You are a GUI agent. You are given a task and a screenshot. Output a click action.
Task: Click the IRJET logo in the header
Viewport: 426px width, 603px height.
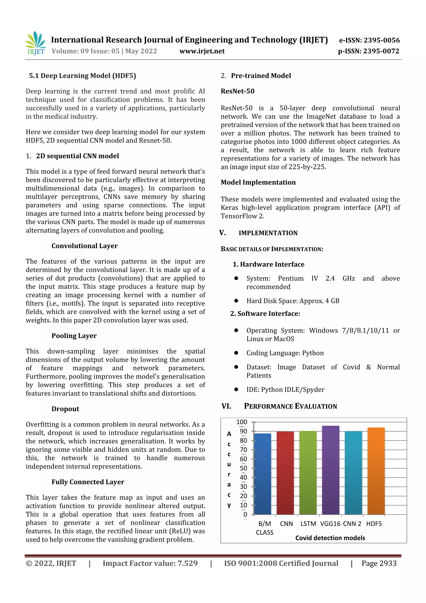coord(35,43)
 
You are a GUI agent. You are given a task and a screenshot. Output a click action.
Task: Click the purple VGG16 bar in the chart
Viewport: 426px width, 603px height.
coord(331,470)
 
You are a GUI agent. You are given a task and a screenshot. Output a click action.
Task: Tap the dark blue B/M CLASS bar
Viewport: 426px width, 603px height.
coord(263,474)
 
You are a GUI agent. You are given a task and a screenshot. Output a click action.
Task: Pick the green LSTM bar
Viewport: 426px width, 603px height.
coord(308,473)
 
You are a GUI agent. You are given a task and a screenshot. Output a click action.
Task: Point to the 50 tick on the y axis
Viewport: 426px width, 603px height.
coord(243,468)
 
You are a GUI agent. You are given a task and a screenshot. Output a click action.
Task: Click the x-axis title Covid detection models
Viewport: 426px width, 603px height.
coord(330,538)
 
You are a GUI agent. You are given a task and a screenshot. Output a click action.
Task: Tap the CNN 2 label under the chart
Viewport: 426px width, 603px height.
coord(352,524)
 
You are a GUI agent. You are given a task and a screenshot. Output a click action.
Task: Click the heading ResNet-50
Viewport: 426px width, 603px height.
coord(238,91)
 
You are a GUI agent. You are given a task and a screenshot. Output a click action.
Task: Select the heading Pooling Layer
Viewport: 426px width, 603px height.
coord(74,336)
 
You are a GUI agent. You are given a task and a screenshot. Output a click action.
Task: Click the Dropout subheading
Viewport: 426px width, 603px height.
coord(65,409)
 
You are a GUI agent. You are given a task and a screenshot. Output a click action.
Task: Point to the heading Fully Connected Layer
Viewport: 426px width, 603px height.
coord(88,482)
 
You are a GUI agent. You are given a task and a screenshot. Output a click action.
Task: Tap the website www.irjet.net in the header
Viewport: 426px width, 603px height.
coord(202,51)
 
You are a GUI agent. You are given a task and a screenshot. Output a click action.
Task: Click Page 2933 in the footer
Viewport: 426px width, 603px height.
coord(379,563)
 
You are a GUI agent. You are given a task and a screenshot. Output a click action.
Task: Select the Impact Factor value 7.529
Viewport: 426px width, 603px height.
coord(187,563)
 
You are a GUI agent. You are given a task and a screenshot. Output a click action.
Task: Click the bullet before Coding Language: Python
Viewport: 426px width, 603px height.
coord(236,353)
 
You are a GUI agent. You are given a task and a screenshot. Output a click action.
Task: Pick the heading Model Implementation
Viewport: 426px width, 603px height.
coord(258,182)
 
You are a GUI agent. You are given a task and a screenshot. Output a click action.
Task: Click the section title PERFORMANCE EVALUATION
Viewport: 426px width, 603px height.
coord(290,406)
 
